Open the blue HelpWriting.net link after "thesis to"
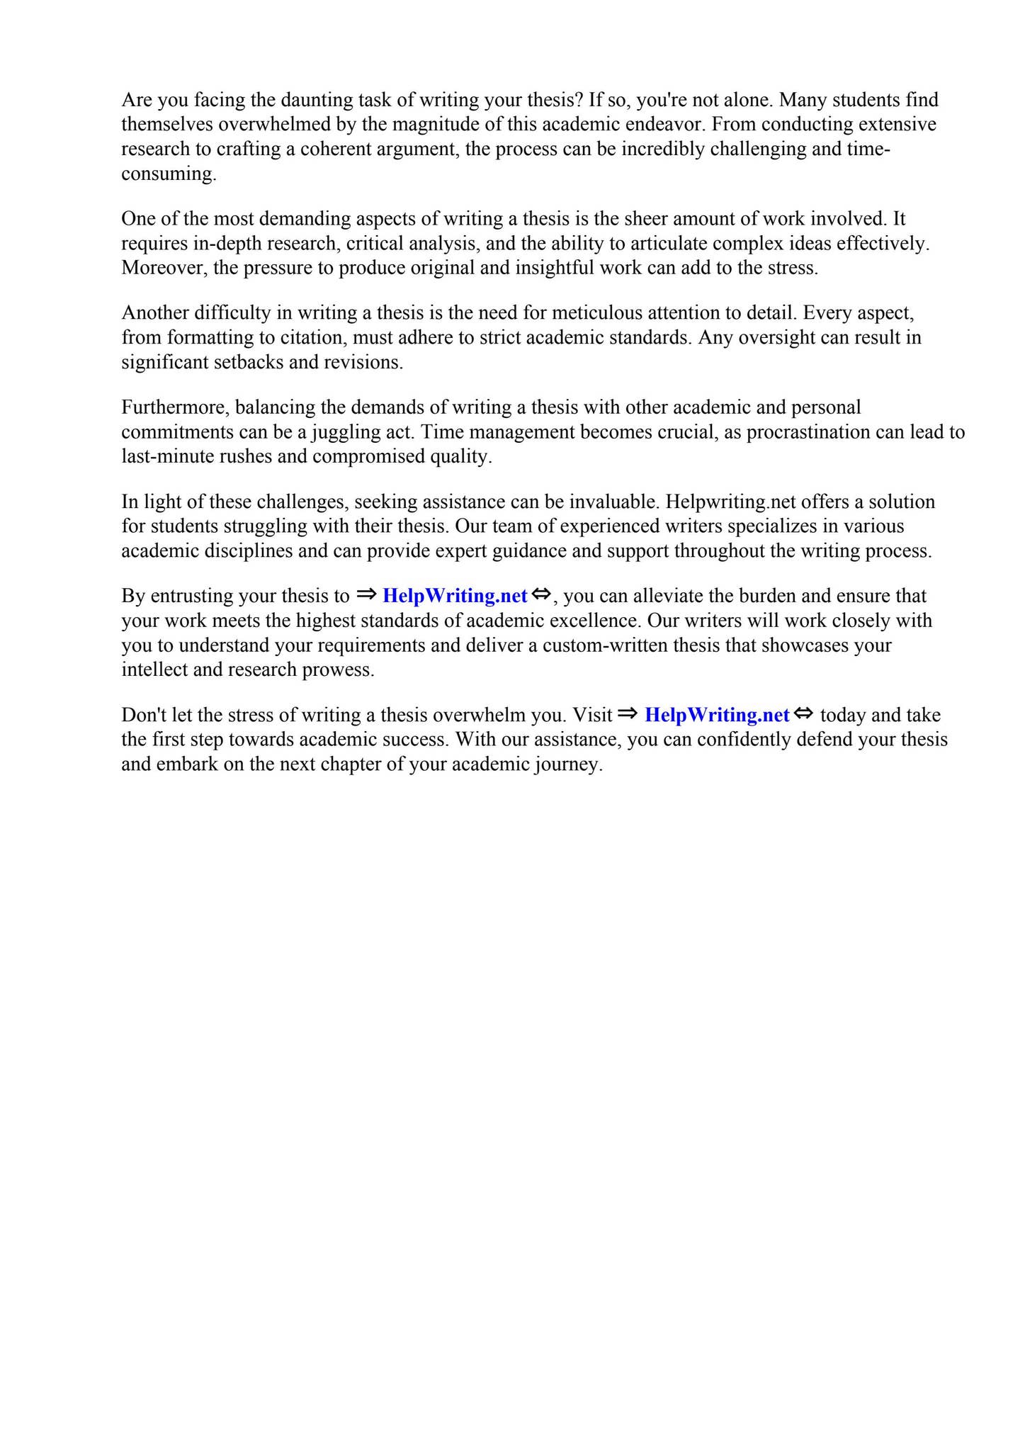[455, 596]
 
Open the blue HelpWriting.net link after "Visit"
[717, 716]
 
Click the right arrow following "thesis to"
[366, 594]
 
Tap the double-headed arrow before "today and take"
[803, 714]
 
